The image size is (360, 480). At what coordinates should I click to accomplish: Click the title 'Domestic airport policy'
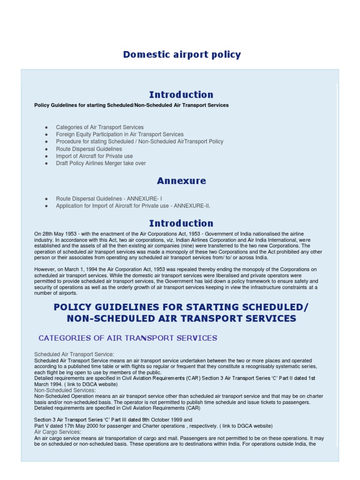(182, 55)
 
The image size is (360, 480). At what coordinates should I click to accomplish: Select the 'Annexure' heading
(181, 181)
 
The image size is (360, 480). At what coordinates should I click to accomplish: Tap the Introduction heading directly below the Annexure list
(181, 223)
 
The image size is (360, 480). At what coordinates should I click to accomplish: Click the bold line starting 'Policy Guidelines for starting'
(131, 105)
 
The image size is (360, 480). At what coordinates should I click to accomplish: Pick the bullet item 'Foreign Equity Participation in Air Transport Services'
(120, 135)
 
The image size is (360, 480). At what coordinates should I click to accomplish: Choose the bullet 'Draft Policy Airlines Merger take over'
(101, 164)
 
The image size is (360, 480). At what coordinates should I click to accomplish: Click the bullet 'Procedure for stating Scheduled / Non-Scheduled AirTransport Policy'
(139, 142)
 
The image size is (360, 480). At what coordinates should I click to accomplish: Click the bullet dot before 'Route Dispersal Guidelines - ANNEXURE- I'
(46, 199)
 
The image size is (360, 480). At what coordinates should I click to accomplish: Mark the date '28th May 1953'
(57, 233)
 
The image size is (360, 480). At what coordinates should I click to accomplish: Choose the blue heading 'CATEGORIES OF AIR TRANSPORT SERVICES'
(127, 338)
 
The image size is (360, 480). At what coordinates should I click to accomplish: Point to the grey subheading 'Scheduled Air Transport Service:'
(74, 354)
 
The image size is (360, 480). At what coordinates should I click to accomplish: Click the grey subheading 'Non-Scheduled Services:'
(65, 390)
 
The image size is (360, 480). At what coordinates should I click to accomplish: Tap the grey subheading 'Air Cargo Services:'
(58, 432)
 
